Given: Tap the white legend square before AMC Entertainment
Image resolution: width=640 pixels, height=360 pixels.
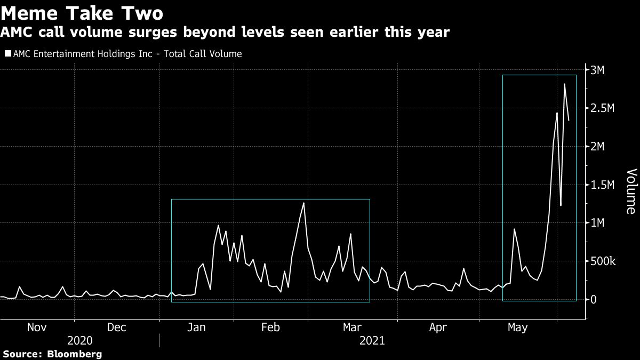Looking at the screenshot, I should (7, 54).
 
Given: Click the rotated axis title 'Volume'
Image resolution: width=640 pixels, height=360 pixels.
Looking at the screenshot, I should (631, 191).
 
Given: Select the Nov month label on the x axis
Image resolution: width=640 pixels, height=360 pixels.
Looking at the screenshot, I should (37, 327).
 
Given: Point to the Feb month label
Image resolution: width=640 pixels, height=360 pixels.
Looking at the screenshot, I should (270, 327).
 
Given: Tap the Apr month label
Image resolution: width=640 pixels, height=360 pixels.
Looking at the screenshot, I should (437, 327).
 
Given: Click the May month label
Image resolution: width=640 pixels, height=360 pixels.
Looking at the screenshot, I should (517, 327).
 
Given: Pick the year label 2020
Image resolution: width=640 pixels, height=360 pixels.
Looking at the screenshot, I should (80, 340).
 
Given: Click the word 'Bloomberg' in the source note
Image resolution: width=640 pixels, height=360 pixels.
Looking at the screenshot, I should (75, 354).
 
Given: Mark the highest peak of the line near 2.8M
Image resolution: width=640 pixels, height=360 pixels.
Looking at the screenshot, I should (564, 84).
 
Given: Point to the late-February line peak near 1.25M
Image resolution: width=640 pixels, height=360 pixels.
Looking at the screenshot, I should (303, 203).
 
